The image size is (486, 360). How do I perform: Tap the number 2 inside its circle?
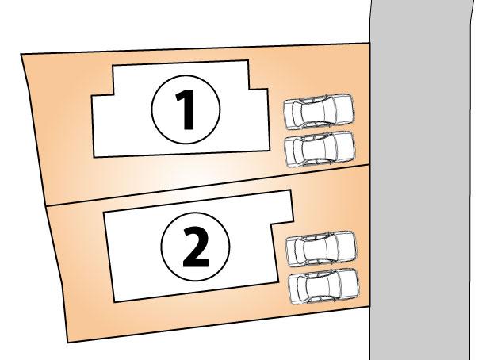(x=196, y=247)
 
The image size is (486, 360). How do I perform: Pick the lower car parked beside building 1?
(x=320, y=148)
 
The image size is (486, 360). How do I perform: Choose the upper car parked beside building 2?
(x=320, y=249)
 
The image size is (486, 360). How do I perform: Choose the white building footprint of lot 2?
(x=143, y=262)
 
